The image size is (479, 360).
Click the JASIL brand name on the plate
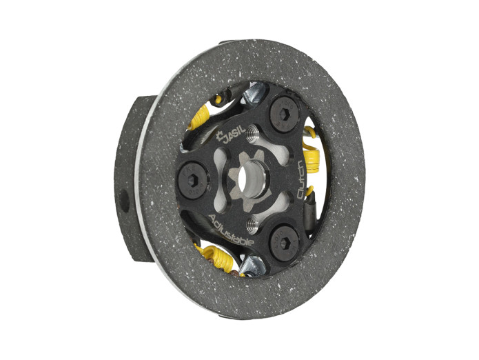point(234,134)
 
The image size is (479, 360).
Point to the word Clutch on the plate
point(301,179)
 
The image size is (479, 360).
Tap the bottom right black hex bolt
point(284,243)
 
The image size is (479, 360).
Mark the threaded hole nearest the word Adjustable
point(252,224)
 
